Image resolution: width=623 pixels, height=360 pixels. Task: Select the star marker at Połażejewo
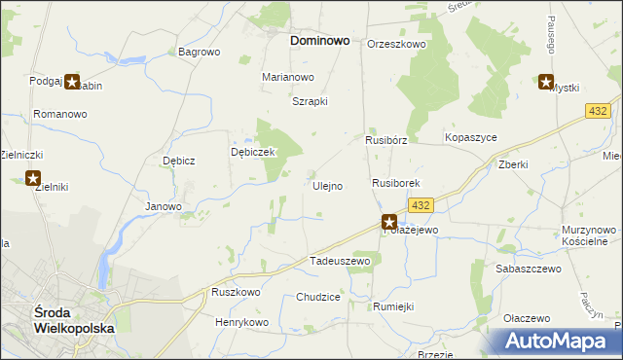389,222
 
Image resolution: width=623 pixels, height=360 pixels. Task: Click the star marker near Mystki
545,83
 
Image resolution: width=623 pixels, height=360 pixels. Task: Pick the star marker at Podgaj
72,83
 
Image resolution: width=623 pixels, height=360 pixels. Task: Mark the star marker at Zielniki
33,179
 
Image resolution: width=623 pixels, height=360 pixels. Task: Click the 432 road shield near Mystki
599,113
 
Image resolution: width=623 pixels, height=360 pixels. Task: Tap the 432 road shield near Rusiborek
421,205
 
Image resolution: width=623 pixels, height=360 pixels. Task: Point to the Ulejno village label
326,186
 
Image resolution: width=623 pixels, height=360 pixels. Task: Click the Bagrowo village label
200,52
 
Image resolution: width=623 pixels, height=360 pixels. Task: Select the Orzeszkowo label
397,45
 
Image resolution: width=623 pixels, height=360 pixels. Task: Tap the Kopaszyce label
471,138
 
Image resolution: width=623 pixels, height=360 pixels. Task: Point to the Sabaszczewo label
529,268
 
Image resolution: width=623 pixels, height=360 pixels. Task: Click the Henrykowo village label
242,322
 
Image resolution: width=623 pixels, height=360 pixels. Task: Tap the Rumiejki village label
393,306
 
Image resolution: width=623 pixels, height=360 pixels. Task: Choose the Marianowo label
288,77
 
